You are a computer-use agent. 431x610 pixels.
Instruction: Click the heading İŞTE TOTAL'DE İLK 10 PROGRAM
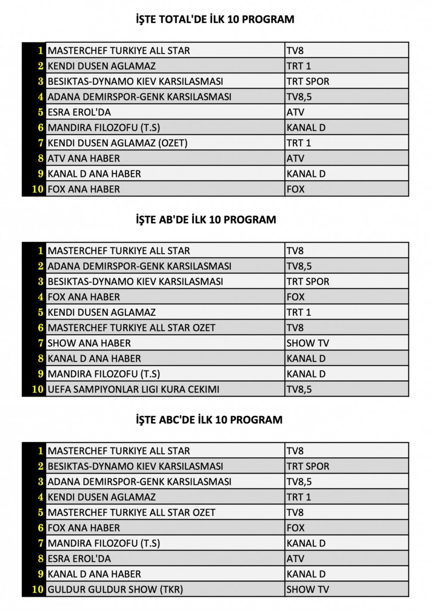(215, 19)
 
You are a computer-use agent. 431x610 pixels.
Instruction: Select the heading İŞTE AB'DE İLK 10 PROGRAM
(206, 220)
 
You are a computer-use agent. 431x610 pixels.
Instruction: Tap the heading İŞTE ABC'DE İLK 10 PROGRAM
(209, 420)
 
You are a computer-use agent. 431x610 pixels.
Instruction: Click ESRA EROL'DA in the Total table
(79, 112)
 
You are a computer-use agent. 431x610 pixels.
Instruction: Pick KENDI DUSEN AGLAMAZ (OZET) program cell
(117, 143)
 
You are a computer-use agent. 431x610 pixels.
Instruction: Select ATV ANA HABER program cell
(84, 158)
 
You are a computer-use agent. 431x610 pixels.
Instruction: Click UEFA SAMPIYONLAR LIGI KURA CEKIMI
(133, 389)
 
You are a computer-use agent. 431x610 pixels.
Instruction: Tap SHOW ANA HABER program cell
(89, 343)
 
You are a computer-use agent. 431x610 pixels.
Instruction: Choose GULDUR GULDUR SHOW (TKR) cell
(115, 589)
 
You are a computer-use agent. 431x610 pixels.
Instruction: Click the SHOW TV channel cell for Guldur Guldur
(308, 589)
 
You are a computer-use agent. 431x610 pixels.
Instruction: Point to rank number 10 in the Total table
(37, 189)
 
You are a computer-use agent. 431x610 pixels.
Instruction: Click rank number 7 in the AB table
(41, 343)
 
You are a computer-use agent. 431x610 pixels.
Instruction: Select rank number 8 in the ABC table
(41, 559)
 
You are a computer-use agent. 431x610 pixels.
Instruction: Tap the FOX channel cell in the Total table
(296, 189)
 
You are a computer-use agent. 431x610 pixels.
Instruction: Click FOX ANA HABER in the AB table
(84, 297)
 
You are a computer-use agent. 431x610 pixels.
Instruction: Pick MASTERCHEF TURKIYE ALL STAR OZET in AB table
(131, 327)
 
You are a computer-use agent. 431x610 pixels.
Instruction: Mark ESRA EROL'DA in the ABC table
(79, 559)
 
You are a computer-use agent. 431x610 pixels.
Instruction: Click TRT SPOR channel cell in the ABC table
(308, 466)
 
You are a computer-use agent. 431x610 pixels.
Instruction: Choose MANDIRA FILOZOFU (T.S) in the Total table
(104, 128)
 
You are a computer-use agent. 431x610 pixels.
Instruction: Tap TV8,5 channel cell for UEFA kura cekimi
(299, 389)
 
